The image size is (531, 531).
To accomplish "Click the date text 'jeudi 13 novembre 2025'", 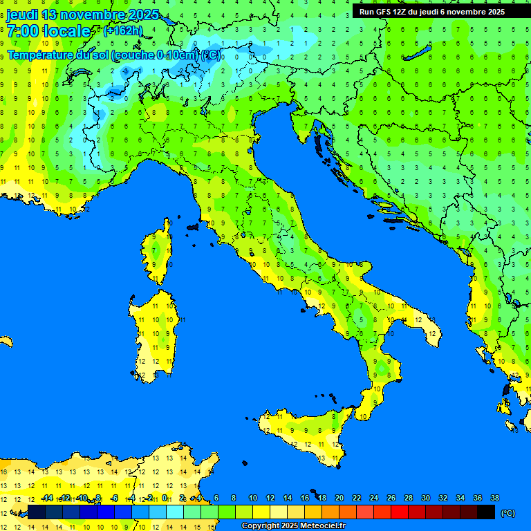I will (x=82, y=15).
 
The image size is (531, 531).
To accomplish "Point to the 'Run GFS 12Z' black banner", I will (x=432, y=12).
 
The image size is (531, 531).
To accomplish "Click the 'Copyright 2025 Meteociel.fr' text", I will (x=293, y=525).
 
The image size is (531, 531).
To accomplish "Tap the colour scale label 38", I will (x=494, y=498).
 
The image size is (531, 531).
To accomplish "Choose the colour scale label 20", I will (x=339, y=498).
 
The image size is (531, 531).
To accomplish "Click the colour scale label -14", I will (x=47, y=498).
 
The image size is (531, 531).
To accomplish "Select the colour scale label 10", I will (x=253, y=498).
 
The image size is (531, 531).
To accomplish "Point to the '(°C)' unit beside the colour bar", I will (x=508, y=513).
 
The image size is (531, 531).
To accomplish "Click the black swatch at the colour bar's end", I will (x=486, y=512).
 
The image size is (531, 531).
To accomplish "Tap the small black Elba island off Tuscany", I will (x=192, y=226).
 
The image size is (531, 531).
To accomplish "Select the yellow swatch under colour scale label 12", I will (x=261, y=512).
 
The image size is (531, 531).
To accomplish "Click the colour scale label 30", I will (x=425, y=498).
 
